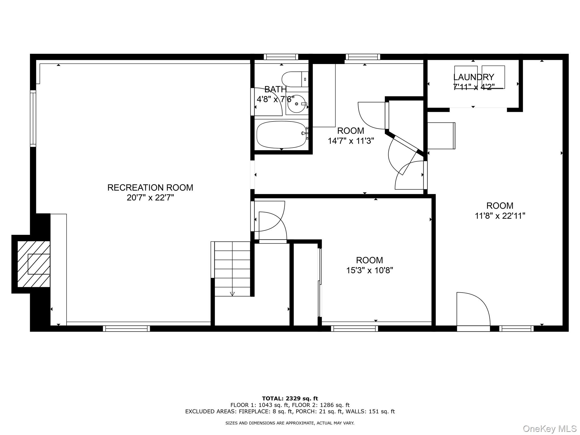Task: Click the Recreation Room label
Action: point(150,188)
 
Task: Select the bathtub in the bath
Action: point(282,135)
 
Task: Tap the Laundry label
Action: point(474,77)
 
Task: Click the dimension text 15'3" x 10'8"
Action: point(370,270)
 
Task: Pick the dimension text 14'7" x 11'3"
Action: point(351,141)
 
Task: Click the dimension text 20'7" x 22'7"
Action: point(150,198)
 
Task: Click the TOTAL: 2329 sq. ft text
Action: point(290,399)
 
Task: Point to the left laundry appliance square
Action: point(466,77)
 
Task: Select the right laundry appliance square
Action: point(493,77)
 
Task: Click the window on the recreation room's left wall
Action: point(33,118)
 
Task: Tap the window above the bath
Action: point(281,57)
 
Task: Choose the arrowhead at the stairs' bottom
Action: point(232,294)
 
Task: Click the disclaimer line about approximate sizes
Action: point(290,423)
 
